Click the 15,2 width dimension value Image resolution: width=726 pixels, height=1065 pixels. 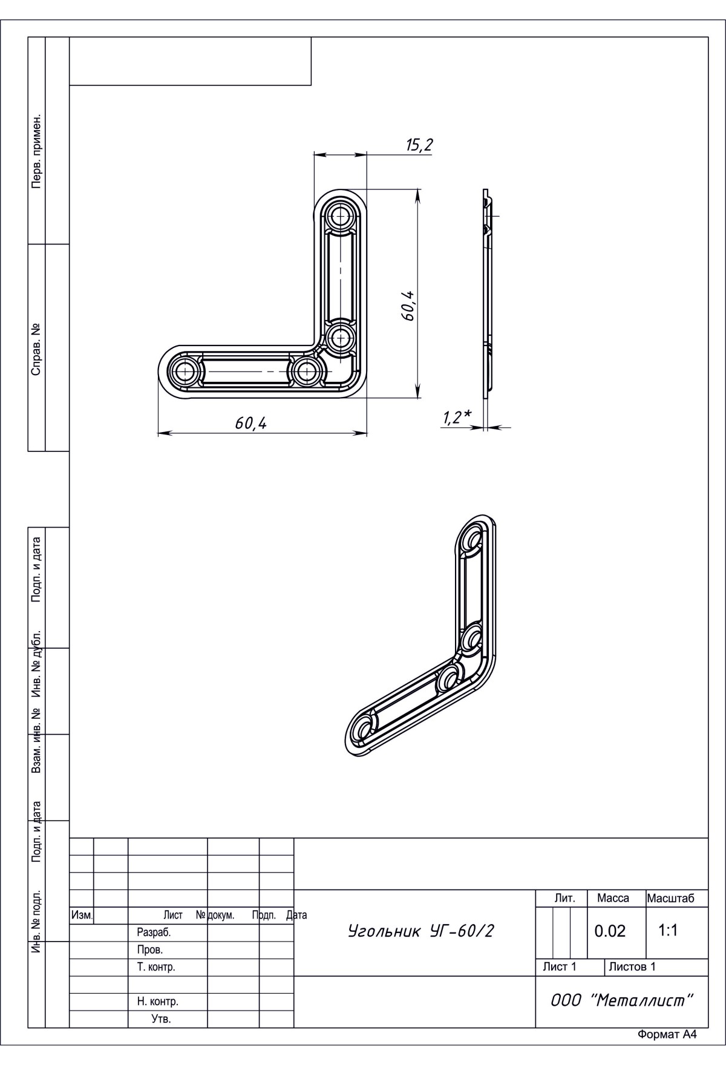pos(419,145)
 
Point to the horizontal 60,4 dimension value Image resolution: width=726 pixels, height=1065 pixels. pos(251,424)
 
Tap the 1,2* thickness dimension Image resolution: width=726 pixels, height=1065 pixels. pos(457,417)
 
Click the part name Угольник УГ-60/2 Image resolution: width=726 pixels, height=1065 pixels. pos(420,931)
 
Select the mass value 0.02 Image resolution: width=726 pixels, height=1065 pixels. pos(610,931)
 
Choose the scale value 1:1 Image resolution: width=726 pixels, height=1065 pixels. pos(668,930)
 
